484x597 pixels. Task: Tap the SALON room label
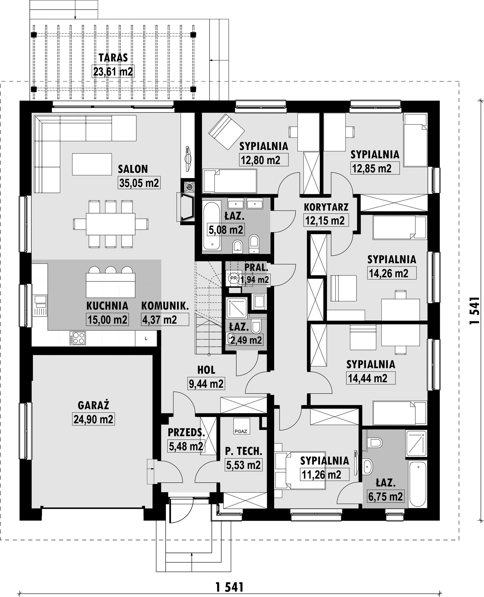(x=133, y=169)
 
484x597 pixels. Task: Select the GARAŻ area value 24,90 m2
(x=93, y=419)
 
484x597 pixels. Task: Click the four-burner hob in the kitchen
(x=77, y=338)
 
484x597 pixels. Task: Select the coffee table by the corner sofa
(x=92, y=164)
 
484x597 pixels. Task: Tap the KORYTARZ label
(x=326, y=207)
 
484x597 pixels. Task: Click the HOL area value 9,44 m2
(x=206, y=384)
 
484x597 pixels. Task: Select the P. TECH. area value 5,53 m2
(x=243, y=465)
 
